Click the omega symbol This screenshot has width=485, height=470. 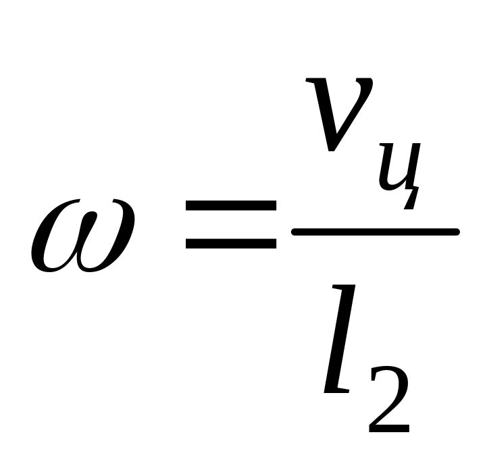click(82, 234)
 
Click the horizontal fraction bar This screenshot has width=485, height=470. click(375, 232)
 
